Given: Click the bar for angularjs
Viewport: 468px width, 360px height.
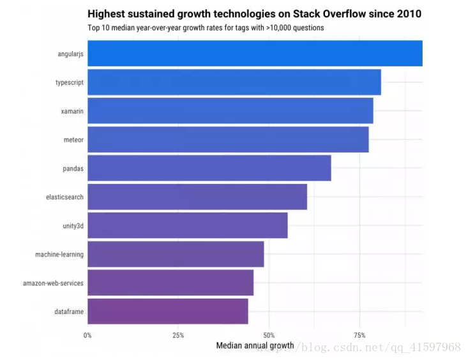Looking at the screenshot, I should pyautogui.click(x=255, y=54).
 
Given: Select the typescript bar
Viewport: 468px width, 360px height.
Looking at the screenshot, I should pyautogui.click(x=234, y=82).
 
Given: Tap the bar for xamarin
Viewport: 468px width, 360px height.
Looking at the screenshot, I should pyautogui.click(x=230, y=111).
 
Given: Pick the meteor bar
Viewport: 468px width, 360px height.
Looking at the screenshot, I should pyautogui.click(x=228, y=140).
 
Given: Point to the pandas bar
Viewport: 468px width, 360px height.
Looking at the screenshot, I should pyautogui.click(x=209, y=168).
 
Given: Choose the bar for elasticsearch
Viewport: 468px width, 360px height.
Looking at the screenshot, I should pyautogui.click(x=197, y=197).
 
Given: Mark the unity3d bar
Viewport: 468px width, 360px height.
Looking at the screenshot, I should pyautogui.click(x=188, y=225).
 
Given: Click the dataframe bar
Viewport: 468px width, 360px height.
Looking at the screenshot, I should pyautogui.click(x=168, y=311).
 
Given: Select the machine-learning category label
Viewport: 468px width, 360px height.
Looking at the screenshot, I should pyautogui.click(x=59, y=255).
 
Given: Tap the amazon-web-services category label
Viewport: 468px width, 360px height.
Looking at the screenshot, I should pyautogui.click(x=53, y=283).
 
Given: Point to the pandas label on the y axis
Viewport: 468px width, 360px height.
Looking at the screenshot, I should pyautogui.click(x=73, y=169).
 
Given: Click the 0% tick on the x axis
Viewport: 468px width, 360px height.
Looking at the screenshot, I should pyautogui.click(x=88, y=335).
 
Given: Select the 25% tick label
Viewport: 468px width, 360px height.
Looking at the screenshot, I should pyautogui.click(x=178, y=335).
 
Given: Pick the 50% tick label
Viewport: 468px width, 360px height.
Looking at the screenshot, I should pyautogui.click(x=269, y=335).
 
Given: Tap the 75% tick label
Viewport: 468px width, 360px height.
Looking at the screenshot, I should pyautogui.click(x=359, y=335).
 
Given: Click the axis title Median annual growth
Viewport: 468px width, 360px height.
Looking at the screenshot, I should pyautogui.click(x=255, y=346).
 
